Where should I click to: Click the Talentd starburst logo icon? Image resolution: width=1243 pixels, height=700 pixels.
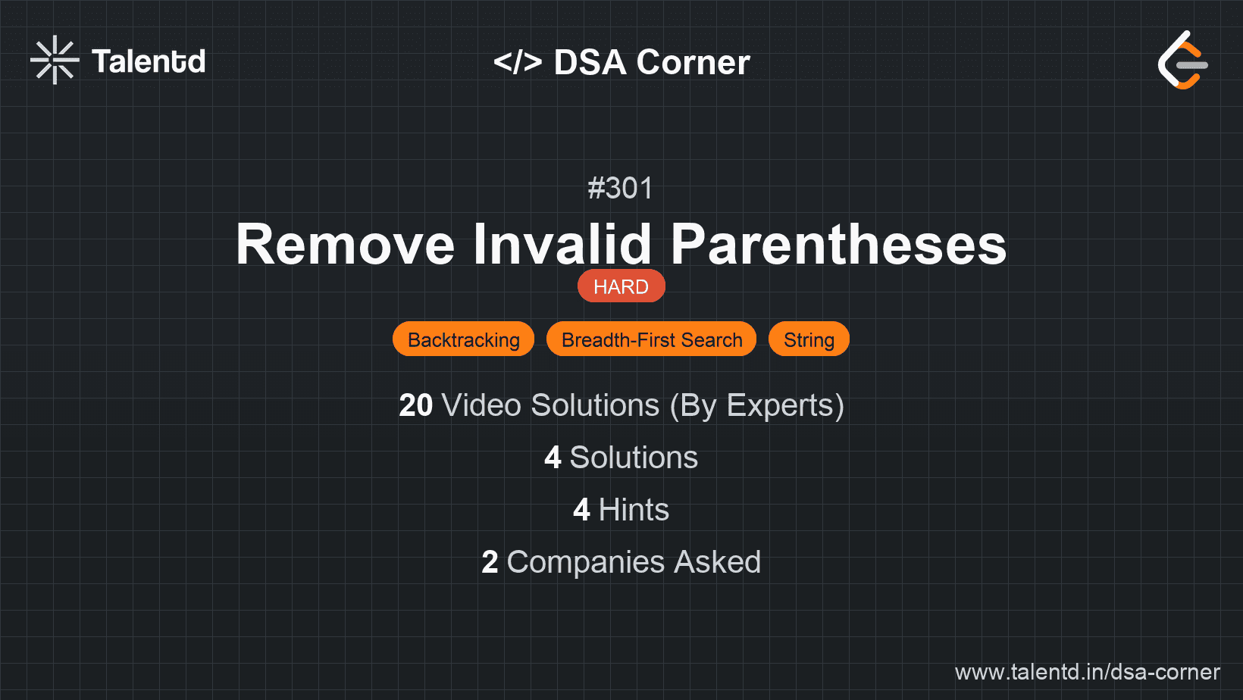[x=55, y=60]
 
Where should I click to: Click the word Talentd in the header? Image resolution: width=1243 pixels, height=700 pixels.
[x=149, y=61]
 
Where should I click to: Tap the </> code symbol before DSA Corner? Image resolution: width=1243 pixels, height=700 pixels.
[x=517, y=61]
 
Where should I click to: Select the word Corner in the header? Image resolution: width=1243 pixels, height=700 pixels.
[x=693, y=62]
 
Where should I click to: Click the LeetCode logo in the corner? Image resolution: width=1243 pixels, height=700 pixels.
[x=1182, y=60]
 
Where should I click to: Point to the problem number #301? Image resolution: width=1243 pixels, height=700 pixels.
[x=621, y=188]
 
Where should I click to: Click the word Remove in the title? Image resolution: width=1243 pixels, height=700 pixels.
[x=345, y=244]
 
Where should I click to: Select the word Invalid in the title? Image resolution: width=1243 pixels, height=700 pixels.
[x=562, y=243]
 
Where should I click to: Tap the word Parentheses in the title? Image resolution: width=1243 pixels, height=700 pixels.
[x=838, y=244]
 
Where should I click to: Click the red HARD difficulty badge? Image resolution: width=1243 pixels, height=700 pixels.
[x=621, y=286]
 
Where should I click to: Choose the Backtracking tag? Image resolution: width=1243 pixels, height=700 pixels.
[x=463, y=339]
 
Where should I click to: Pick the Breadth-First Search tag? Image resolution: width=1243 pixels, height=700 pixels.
[x=652, y=339]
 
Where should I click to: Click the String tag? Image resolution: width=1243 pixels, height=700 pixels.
[x=809, y=339]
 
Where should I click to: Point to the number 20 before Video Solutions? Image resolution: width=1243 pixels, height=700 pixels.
[x=415, y=405]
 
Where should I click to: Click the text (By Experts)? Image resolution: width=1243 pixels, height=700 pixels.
[x=757, y=406]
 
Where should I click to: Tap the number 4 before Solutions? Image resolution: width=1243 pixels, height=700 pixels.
[x=553, y=458]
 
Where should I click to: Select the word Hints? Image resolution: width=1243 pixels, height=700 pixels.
[x=634, y=510]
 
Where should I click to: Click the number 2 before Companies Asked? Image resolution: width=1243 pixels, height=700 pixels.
[x=490, y=562]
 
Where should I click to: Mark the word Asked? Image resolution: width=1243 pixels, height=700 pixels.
[x=717, y=562]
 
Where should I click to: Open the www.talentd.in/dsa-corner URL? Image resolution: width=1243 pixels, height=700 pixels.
[x=1087, y=672]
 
